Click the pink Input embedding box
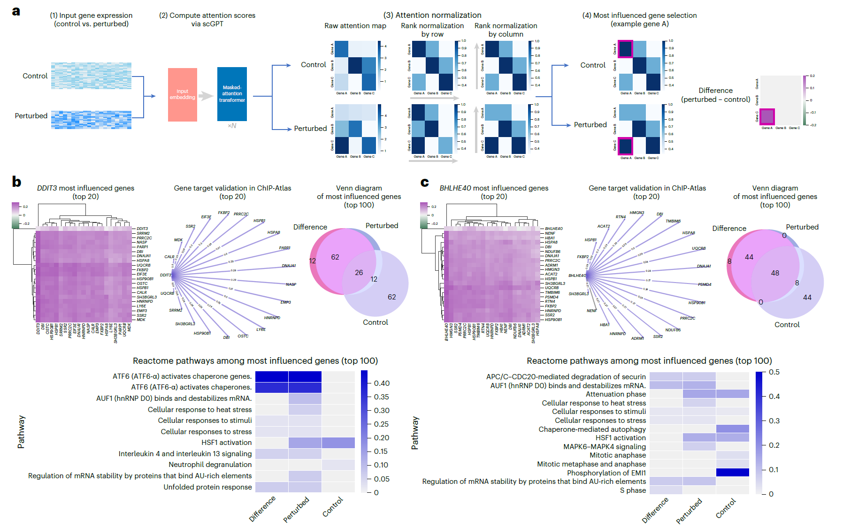click(x=182, y=95)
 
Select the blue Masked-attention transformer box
click(x=232, y=94)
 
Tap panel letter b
click(x=16, y=182)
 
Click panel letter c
click(x=424, y=182)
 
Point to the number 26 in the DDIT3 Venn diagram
click(x=359, y=273)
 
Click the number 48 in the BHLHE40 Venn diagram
click(x=775, y=273)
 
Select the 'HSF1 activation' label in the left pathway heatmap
click(x=226, y=443)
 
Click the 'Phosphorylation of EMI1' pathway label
click(x=606, y=473)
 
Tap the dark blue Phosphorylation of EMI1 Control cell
click(x=732, y=473)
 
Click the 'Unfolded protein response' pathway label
click(x=207, y=487)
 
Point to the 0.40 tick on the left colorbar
click(x=382, y=383)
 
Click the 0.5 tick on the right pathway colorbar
click(x=774, y=372)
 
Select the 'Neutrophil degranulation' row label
click(x=210, y=465)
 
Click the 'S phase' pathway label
click(x=633, y=490)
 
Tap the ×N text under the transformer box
click(x=232, y=126)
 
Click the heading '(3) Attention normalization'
click(x=432, y=15)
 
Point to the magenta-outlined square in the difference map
click(x=767, y=116)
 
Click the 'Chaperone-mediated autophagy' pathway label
click(x=592, y=429)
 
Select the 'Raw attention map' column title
click(x=355, y=26)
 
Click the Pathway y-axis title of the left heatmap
click(x=21, y=432)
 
